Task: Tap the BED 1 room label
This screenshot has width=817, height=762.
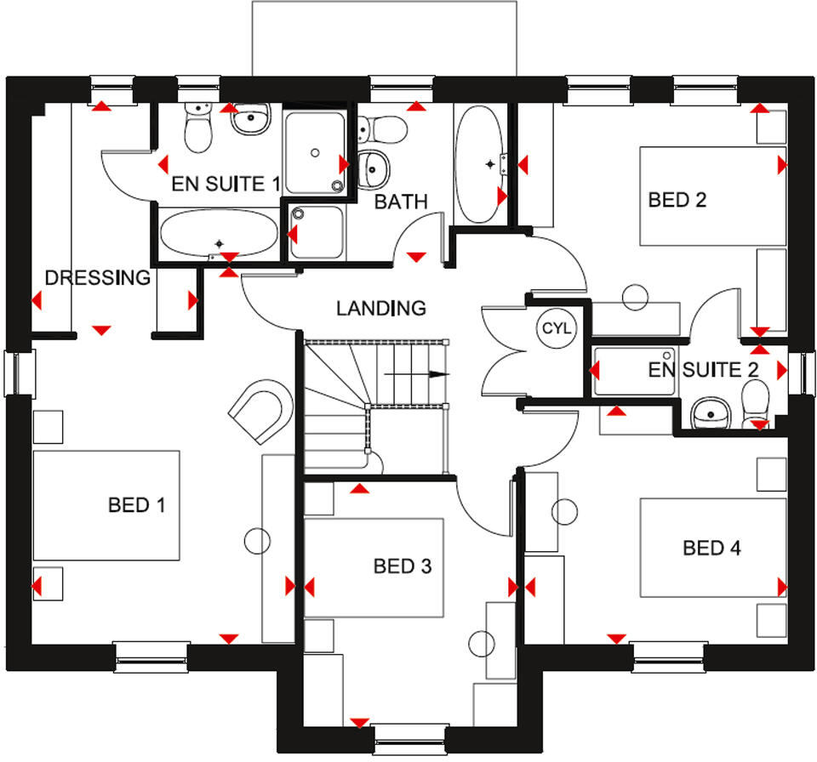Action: pos(136,505)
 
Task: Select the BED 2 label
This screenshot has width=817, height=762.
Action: pos(677,200)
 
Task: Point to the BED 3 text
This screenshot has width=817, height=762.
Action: pos(403,566)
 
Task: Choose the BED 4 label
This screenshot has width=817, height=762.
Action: pos(711,548)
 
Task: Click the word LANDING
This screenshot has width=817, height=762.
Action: pos(380,308)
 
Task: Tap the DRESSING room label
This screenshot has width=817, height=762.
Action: pos(97,277)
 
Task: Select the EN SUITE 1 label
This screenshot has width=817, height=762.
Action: pos(226,184)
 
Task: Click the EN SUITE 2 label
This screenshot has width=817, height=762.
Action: pos(703,370)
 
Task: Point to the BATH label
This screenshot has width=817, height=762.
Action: pos(401,202)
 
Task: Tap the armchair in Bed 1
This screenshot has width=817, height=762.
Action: pos(261,412)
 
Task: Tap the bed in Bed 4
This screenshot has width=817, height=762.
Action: pos(712,548)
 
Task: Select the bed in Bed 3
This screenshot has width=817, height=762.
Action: pos(374,567)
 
